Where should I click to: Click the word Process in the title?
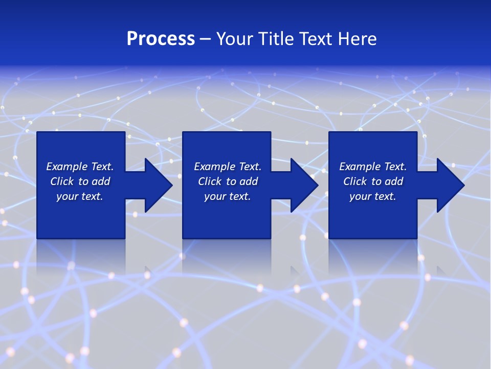161,39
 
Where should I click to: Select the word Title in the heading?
277,39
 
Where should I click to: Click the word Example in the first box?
67,167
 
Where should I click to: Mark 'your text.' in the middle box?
227,196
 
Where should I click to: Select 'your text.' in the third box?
372,196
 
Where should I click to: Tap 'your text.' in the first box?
80,196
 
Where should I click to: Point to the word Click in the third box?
355,181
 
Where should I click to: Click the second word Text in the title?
317,39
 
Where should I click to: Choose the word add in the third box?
393,181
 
